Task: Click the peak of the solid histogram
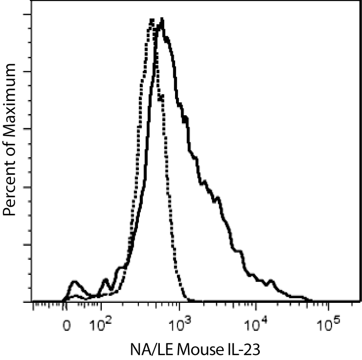click(162, 20)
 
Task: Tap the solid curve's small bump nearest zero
click(74, 281)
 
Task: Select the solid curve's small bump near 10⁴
click(272, 281)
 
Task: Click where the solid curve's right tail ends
click(312, 301)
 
